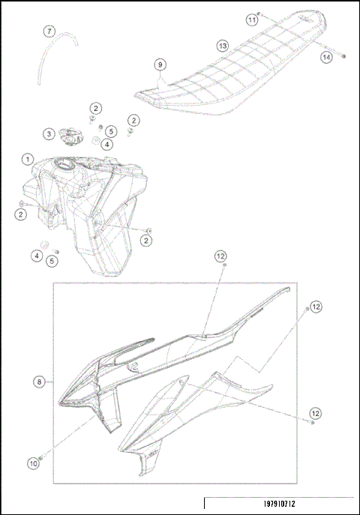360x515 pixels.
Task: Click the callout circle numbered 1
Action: tap(27, 160)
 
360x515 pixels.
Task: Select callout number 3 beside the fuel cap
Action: tap(49, 133)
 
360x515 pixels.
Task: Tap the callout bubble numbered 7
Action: tap(49, 31)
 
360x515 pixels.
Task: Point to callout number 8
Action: tap(39, 382)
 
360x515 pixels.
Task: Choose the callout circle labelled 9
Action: tap(160, 64)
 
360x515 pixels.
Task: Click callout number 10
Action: tap(33, 464)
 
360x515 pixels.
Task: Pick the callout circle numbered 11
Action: tap(252, 20)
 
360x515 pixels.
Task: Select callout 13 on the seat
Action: tap(223, 46)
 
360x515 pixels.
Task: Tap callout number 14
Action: tap(325, 56)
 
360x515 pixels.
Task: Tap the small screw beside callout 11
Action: tap(260, 13)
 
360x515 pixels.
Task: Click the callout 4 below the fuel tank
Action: tap(36, 256)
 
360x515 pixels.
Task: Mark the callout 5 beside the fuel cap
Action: tap(110, 130)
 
